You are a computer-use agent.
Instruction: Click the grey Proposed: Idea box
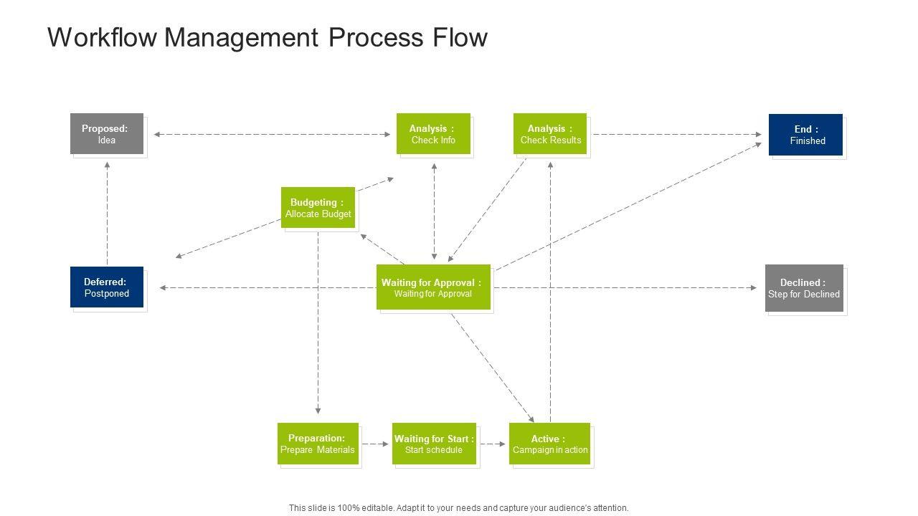(107, 134)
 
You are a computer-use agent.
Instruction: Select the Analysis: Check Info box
(433, 134)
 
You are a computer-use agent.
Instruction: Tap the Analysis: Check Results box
(550, 134)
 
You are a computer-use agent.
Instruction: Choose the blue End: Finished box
(805, 135)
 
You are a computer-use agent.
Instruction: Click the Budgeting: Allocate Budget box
(318, 208)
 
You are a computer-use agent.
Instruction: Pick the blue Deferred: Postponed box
(107, 287)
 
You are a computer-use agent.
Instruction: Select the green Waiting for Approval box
(433, 287)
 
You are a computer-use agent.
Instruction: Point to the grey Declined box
(804, 288)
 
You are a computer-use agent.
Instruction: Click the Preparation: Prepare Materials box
(318, 444)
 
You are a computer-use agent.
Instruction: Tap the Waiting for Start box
(434, 444)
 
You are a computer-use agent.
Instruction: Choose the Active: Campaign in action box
(549, 444)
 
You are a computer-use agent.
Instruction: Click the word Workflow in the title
(102, 37)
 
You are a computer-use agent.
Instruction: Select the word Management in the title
(241, 38)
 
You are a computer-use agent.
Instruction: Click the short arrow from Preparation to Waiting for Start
(375, 444)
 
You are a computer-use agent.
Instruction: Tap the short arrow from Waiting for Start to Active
(493, 444)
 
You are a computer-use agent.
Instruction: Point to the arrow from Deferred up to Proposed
(108, 214)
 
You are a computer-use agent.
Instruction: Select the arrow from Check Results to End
(677, 134)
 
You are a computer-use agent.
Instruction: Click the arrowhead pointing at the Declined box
(754, 288)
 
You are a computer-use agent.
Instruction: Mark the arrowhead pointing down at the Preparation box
(318, 411)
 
